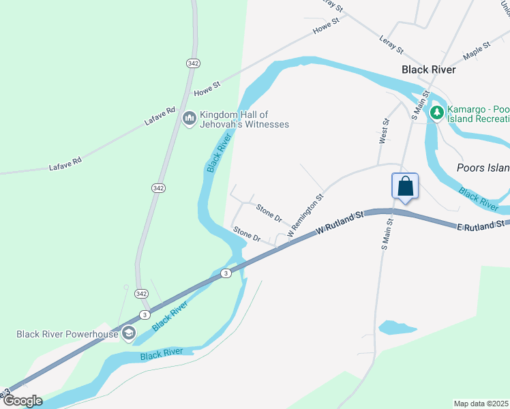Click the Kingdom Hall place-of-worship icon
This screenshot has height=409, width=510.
[x=190, y=119]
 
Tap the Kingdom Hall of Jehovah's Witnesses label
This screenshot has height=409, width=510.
[x=244, y=119]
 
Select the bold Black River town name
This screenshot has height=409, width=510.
[x=428, y=70]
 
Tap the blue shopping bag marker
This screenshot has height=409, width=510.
[x=405, y=186]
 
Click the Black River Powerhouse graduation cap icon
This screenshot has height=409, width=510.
[x=128, y=333]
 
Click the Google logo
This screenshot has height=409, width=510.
[x=22, y=400]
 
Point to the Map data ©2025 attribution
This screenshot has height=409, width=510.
[x=481, y=404]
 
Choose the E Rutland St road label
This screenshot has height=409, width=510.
[x=481, y=224]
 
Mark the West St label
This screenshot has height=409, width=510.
[x=385, y=131]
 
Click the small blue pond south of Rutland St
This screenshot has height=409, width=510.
[x=397, y=328]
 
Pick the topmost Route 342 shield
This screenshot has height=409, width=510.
[x=192, y=63]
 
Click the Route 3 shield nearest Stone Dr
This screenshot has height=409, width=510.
[x=225, y=273]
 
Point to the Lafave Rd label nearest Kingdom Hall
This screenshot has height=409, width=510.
[x=160, y=116]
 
